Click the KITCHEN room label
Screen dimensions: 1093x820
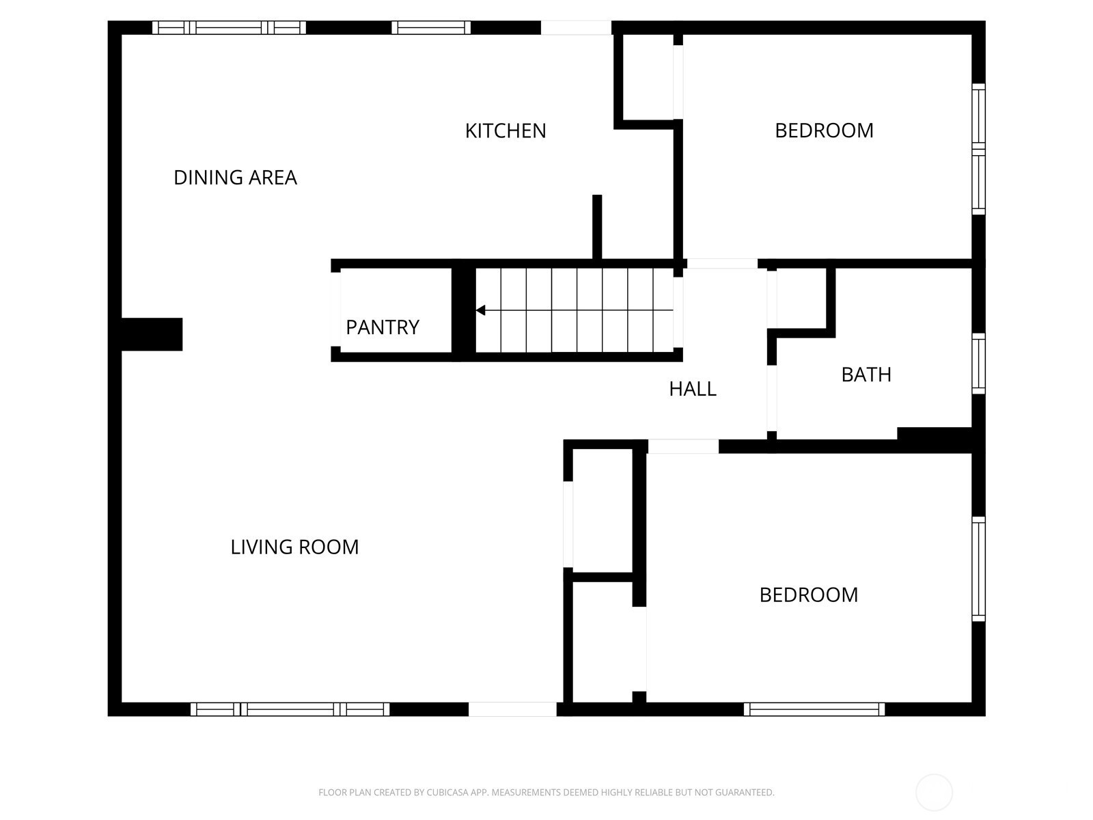tap(506, 131)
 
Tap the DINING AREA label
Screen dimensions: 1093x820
tap(235, 178)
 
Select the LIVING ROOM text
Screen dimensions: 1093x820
tap(294, 547)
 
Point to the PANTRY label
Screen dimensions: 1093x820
tap(383, 327)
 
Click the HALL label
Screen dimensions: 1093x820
tap(693, 389)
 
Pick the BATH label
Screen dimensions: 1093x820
tap(866, 374)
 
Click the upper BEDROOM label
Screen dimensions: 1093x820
tap(824, 131)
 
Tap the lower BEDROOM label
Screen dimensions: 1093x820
tap(809, 595)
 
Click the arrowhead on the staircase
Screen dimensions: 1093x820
tap(480, 310)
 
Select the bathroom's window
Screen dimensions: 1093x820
tap(978, 364)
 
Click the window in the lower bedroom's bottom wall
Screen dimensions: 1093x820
tap(814, 709)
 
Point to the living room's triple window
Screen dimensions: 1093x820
tap(290, 709)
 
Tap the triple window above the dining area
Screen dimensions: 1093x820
tap(229, 27)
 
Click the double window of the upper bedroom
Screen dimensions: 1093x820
tap(978, 149)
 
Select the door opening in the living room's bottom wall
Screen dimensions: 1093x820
tap(512, 709)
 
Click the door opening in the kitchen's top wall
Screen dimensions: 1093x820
tap(576, 27)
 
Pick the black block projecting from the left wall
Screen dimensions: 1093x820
tap(152, 334)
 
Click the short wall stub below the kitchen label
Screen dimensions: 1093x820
tap(597, 227)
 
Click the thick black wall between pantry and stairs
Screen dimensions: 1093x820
tap(464, 310)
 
